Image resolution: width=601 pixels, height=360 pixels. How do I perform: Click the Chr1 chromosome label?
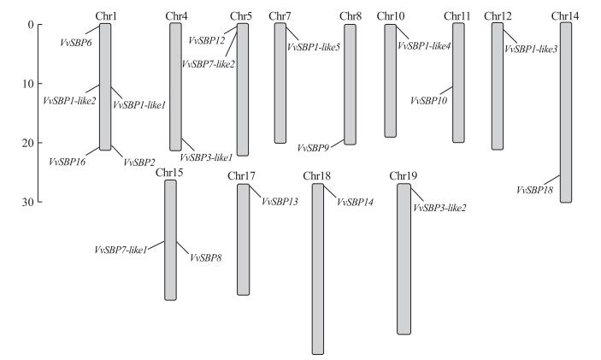click(106, 16)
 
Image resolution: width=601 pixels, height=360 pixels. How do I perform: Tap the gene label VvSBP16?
click(67, 162)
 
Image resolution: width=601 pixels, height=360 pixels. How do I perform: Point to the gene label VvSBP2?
click(138, 162)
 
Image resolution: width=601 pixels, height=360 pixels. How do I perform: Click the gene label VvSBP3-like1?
click(206, 158)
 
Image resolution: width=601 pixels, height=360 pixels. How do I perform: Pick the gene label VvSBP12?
click(208, 40)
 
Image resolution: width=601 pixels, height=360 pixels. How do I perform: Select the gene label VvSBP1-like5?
click(315, 47)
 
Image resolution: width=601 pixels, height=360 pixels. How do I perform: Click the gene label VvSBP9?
click(314, 148)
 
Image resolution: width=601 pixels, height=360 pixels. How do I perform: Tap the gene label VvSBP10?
click(428, 101)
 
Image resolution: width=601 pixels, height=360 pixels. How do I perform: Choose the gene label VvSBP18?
click(535, 189)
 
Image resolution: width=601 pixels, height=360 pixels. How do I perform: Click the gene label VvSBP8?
click(205, 257)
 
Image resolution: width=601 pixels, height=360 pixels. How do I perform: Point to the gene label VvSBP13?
click(280, 202)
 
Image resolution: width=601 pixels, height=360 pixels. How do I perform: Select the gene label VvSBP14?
click(356, 203)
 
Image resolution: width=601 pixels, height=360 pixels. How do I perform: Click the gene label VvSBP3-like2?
click(439, 208)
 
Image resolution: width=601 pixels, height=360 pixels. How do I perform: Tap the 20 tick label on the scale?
click(28, 143)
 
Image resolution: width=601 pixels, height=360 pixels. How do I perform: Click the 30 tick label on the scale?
click(28, 202)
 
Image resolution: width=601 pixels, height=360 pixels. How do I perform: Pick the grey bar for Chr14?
click(565, 112)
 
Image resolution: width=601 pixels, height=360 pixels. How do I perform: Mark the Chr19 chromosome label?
click(404, 176)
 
